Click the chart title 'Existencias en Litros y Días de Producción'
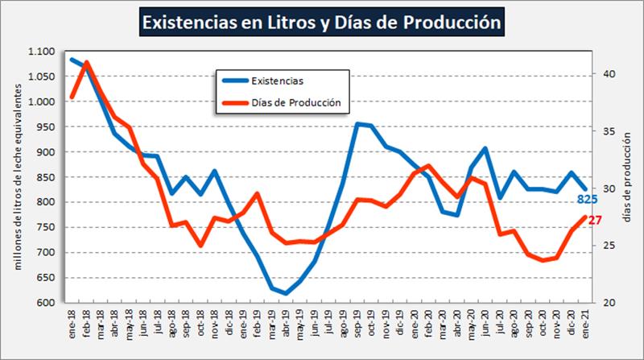(322, 23)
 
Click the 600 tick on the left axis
(44, 303)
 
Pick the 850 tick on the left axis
(44, 177)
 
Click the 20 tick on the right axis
(609, 303)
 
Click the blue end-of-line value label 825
(587, 199)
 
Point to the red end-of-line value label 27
(595, 220)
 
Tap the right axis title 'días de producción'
(629, 177)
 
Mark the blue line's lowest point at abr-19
(285, 294)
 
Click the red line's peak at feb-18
(86, 62)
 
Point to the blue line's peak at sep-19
(357, 124)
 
